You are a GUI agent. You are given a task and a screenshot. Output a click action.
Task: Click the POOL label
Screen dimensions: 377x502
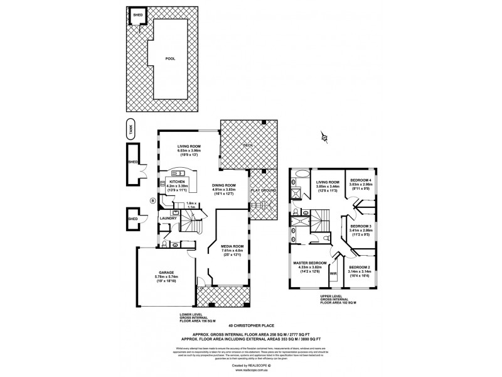point(170,58)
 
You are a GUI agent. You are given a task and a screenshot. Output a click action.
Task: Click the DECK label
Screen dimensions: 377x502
point(248,145)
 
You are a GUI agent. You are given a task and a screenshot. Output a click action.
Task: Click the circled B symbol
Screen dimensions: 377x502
point(152,202)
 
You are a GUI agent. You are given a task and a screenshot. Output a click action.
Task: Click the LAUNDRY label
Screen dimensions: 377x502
point(168,219)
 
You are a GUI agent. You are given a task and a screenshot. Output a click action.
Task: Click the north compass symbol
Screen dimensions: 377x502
point(324,136)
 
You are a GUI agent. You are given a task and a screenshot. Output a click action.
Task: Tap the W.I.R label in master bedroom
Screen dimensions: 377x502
point(333,274)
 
